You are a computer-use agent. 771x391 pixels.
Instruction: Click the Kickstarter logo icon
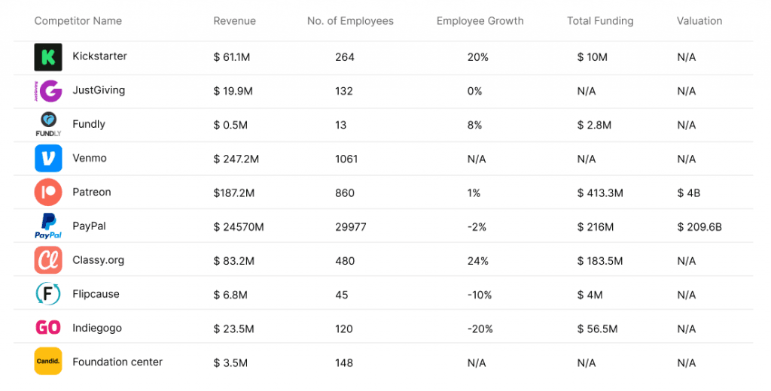point(47,57)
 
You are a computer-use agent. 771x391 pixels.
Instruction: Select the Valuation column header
point(699,21)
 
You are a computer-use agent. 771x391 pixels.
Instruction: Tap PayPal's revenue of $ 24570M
point(239,226)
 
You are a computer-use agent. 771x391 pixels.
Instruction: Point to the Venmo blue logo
point(47,159)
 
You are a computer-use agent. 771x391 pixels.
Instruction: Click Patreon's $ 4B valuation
point(688,192)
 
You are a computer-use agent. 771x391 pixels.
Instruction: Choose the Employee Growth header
point(480,21)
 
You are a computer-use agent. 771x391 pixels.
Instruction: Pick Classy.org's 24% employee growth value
point(477,261)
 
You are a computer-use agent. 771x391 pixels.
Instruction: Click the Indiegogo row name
point(96,328)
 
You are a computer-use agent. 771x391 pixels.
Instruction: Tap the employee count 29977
point(351,226)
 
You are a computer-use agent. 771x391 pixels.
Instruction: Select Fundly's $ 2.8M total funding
point(594,125)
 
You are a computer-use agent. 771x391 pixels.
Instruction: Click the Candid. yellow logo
point(47,362)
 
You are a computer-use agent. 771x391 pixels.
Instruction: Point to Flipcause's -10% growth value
point(480,295)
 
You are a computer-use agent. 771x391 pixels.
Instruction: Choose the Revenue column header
point(234,21)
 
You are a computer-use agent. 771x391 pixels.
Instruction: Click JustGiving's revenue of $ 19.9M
point(233,91)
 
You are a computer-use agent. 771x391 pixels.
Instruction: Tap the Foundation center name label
point(117,362)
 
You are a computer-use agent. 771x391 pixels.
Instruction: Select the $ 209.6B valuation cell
point(699,226)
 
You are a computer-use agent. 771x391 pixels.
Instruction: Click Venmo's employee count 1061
point(346,159)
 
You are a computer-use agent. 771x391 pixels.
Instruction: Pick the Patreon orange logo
point(47,192)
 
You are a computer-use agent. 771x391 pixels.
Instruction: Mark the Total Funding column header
point(600,21)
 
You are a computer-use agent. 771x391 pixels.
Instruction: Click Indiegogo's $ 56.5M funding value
point(597,329)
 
